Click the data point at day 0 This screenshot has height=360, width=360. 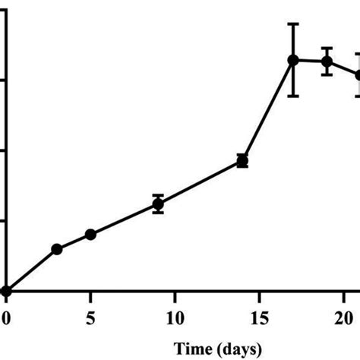tap(6, 291)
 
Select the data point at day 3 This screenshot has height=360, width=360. tap(56, 248)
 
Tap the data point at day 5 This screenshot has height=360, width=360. tap(90, 234)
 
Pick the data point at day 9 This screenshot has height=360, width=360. tap(158, 204)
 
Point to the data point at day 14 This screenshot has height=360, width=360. tap(242, 160)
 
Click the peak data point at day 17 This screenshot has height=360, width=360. tap(293, 60)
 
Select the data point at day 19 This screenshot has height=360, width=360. tap(327, 62)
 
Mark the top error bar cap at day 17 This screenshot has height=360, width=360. tap(293, 24)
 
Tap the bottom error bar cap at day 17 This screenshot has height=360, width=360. tap(293, 95)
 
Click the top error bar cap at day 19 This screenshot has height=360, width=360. tap(327, 48)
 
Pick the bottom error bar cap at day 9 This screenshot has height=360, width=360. tap(158, 213)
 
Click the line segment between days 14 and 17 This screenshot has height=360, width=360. tap(267, 111)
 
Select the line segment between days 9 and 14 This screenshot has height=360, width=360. tap(200, 182)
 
